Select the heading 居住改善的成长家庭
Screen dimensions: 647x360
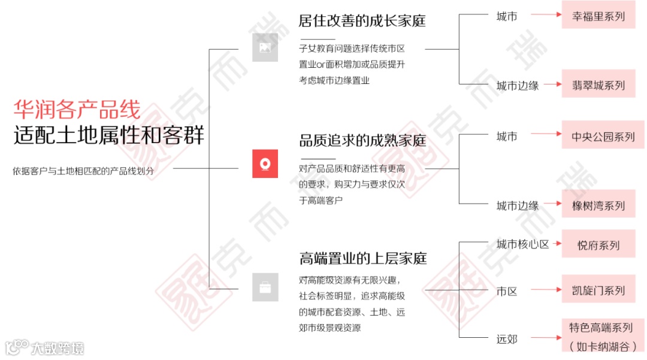pyautogui.click(x=362, y=20)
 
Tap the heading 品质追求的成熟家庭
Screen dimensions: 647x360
pyautogui.click(x=362, y=141)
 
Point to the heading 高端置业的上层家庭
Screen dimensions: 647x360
pyautogui.click(x=362, y=259)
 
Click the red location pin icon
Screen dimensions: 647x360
pyautogui.click(x=265, y=164)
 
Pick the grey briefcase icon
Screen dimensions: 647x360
pyautogui.click(x=265, y=288)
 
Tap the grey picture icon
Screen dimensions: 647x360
pyautogui.click(x=265, y=47)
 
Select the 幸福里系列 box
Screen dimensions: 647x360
pyautogui.click(x=598, y=16)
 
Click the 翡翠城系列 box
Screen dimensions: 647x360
pyautogui.click(x=598, y=85)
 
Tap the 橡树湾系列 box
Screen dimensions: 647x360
pyautogui.click(x=598, y=205)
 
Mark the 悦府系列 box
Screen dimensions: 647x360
pyautogui.click(x=598, y=244)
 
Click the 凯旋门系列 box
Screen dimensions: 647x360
pyautogui.click(x=598, y=291)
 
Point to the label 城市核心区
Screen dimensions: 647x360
pyautogui.click(x=522, y=244)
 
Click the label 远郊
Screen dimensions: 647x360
pyautogui.click(x=507, y=339)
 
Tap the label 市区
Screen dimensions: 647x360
pyautogui.click(x=507, y=292)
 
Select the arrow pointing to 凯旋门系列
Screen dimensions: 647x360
pyautogui.click(x=545, y=291)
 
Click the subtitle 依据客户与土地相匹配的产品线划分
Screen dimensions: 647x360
pyautogui.click(x=83, y=171)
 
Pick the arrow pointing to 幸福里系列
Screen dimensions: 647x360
pyautogui.click(x=545, y=16)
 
